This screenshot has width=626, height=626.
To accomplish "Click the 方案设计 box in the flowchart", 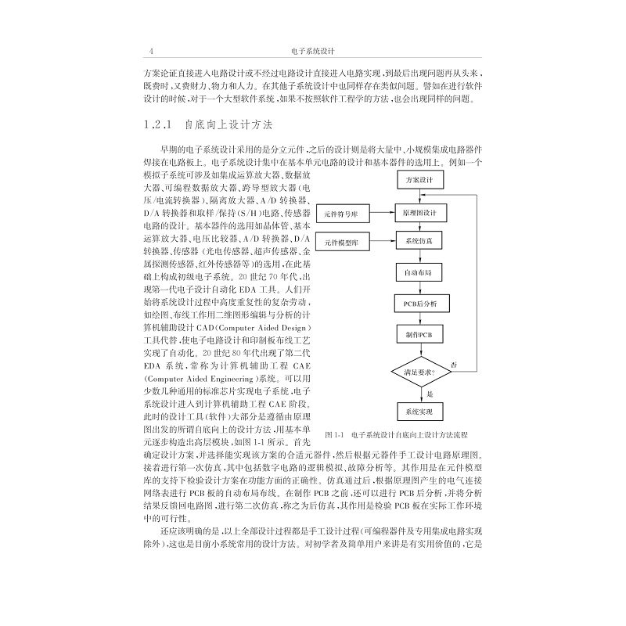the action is click(419, 181).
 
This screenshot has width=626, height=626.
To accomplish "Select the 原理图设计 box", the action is click(419, 213).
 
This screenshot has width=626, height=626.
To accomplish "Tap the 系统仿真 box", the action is click(419, 243).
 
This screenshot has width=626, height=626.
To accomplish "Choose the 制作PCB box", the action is click(419, 334).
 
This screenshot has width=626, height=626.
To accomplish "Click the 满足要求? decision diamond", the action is click(419, 372).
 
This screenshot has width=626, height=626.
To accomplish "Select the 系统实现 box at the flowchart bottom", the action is click(419, 411).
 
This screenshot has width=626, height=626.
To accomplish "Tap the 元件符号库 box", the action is click(341, 213).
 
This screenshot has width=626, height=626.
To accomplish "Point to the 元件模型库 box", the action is click(341, 243).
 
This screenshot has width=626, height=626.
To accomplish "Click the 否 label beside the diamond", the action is click(454, 365).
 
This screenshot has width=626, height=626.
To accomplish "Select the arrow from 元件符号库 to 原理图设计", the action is click(380, 213).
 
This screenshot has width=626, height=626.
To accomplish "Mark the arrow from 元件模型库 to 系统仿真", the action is click(380, 243).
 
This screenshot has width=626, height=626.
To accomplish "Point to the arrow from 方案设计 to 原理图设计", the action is click(419, 196).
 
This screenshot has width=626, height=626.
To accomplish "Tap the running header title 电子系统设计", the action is click(312, 52).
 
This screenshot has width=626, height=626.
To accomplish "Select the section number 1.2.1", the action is click(157, 124).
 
